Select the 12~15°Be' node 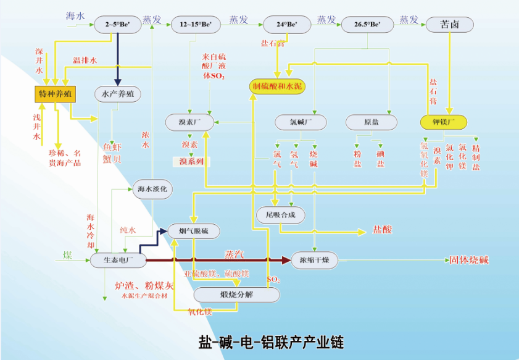(196, 25)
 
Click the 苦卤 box (449, 25)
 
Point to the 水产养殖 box (117, 94)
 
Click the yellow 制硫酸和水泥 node (277, 86)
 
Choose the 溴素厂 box (190, 122)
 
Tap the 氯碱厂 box (300, 122)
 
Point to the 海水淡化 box (152, 189)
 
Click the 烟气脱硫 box (193, 231)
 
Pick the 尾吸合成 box (280, 215)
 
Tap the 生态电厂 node (118, 261)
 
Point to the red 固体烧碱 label (468, 260)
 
